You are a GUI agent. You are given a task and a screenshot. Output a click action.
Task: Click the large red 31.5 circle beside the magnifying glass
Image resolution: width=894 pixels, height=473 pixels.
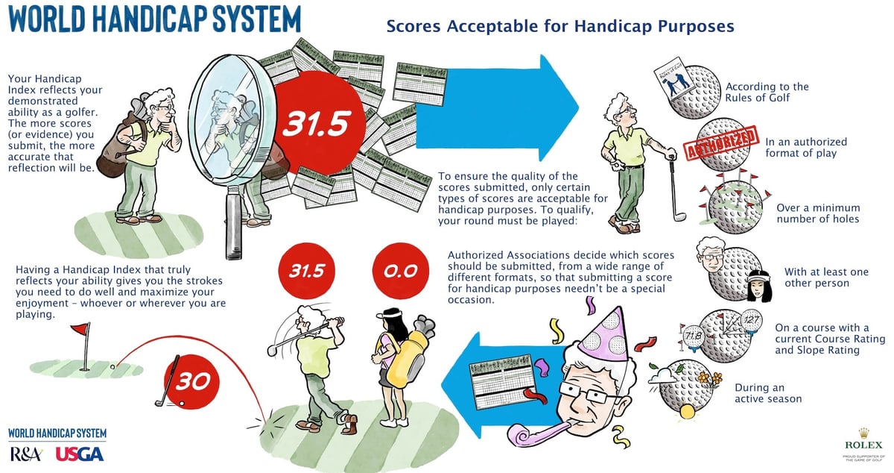coord(314,125)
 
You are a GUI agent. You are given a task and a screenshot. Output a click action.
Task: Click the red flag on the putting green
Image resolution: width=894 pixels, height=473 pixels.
coord(83,331)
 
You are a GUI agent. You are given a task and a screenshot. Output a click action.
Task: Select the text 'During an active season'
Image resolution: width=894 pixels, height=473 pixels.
coord(767,393)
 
